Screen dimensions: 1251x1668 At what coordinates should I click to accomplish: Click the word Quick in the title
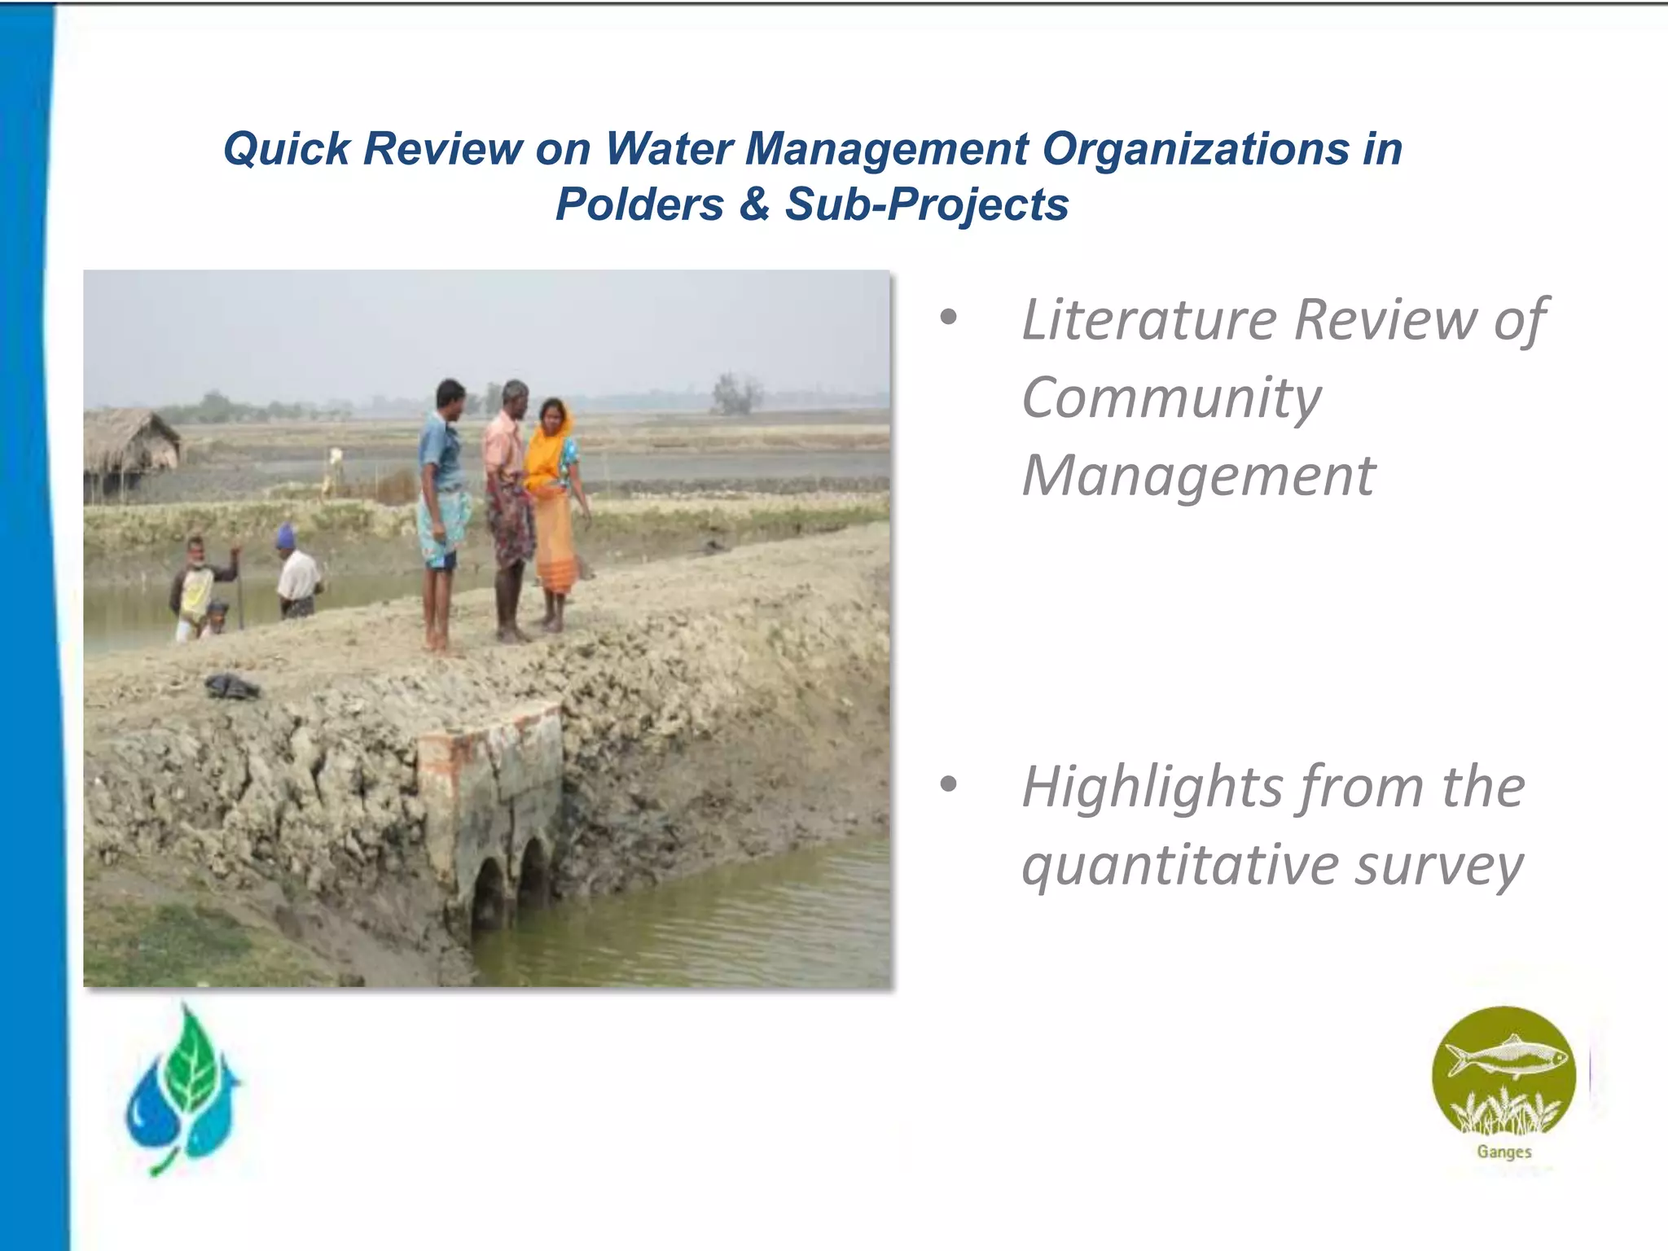(x=286, y=149)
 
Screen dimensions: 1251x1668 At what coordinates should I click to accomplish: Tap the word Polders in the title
(x=639, y=204)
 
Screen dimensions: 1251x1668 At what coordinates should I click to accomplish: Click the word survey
(x=1439, y=865)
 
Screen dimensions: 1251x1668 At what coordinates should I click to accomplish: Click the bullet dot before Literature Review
(x=948, y=318)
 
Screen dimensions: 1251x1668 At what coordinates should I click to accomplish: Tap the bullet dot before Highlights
(x=948, y=785)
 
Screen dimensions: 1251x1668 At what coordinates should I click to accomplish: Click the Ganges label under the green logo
(x=1503, y=1152)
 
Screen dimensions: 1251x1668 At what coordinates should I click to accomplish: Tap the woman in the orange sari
(x=553, y=505)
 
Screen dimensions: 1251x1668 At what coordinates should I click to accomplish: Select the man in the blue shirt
(x=442, y=505)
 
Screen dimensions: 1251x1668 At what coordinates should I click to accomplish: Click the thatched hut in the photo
(x=130, y=444)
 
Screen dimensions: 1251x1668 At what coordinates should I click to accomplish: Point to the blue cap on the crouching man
(x=284, y=535)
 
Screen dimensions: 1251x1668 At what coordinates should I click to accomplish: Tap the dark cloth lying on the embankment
(x=232, y=686)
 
